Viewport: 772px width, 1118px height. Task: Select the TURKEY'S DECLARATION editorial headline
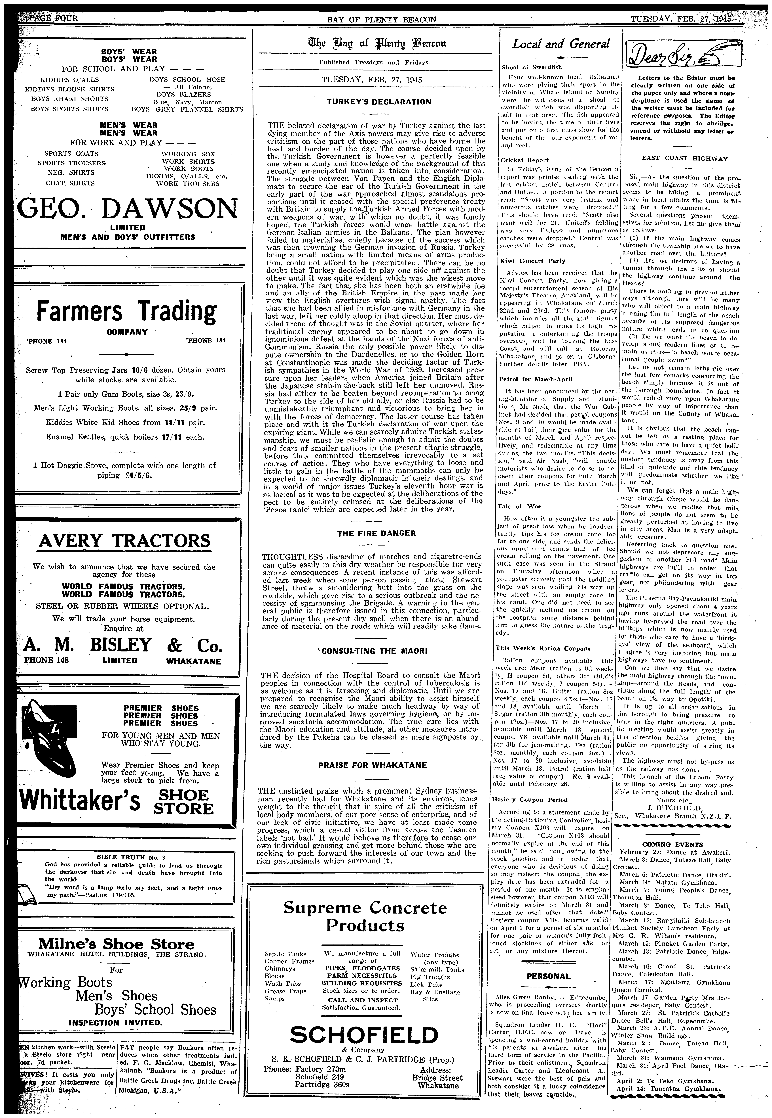pos(371,102)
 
